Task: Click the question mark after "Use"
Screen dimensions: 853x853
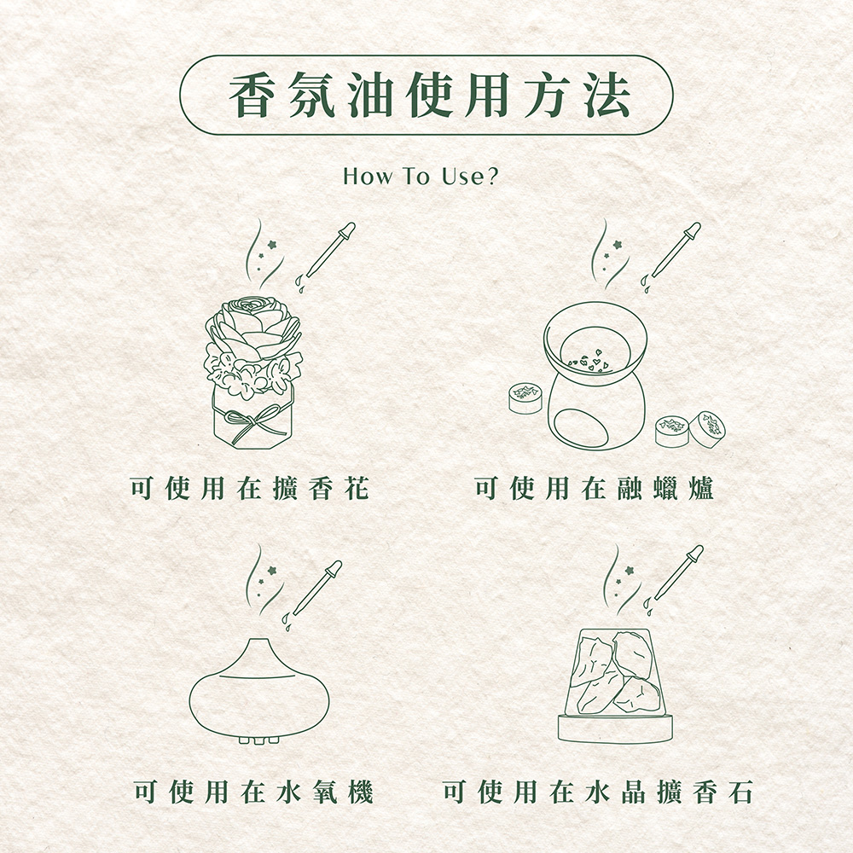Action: (491, 177)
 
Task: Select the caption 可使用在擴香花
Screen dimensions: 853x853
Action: (250, 487)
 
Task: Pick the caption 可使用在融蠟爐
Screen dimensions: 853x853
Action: (594, 487)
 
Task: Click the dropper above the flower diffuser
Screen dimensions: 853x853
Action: (327, 254)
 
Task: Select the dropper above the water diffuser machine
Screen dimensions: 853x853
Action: (313, 593)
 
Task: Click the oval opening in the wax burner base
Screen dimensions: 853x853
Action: (580, 427)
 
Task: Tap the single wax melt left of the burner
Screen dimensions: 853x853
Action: (525, 397)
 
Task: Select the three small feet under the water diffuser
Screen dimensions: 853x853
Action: (258, 740)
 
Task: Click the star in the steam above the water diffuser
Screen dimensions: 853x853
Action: (271, 570)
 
